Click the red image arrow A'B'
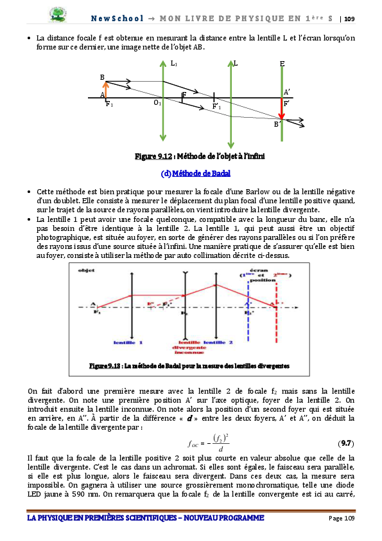click(281, 110)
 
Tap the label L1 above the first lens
click(174, 63)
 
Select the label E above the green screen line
click(282, 64)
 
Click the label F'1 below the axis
click(217, 107)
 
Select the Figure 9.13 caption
click(189, 365)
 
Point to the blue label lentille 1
click(128, 342)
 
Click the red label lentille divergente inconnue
click(186, 347)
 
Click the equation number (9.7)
click(345, 443)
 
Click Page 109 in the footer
click(342, 518)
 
